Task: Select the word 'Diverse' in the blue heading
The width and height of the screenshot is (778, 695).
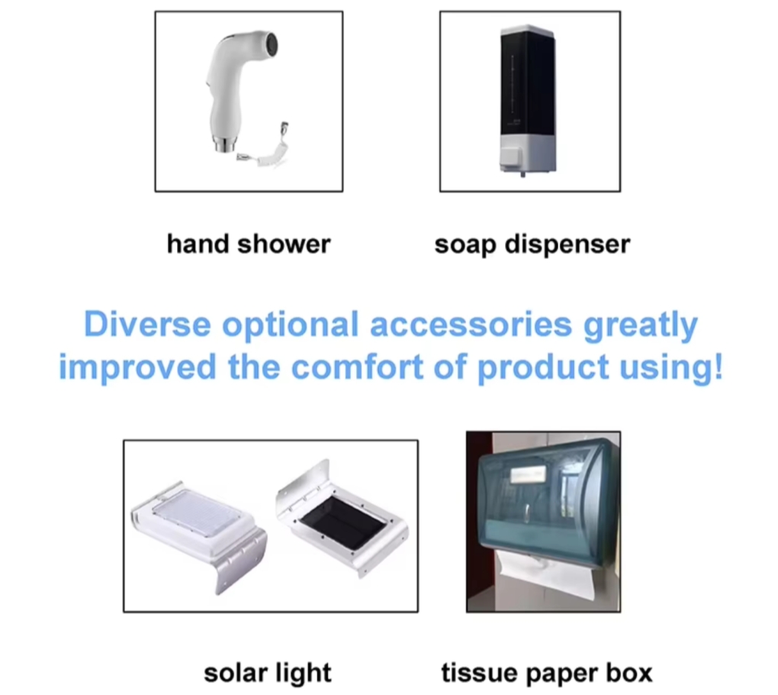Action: coord(147,324)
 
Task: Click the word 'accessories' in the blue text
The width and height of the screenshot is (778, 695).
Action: coord(471,325)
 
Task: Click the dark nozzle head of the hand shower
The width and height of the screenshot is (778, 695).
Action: coord(271,44)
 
